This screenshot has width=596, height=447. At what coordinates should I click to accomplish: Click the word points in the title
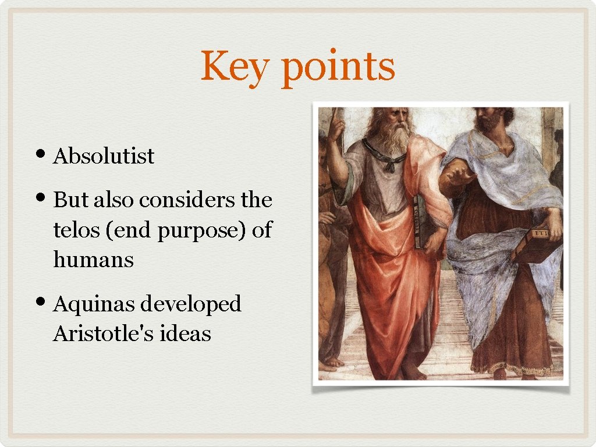pos(338,68)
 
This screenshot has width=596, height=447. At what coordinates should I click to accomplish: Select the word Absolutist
pos(104,157)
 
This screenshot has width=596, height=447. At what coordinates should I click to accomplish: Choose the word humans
pos(93,260)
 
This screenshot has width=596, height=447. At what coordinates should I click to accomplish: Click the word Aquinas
pos(93,304)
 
